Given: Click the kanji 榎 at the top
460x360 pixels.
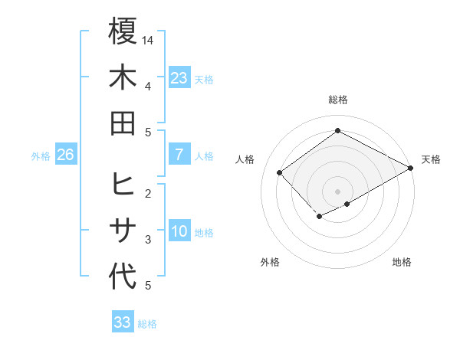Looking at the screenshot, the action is coord(123,31).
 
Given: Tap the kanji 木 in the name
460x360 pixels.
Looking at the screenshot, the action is coord(123,77).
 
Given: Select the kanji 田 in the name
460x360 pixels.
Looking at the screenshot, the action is coord(123,123).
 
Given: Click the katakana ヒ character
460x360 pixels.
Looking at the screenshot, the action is coord(123,185).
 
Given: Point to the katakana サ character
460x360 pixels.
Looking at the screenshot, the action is coord(123,231).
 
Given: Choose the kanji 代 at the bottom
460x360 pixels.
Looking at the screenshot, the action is coord(123,277).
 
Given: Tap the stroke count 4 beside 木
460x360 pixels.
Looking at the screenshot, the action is coord(147,86).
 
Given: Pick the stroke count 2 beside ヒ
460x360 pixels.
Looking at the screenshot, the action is coord(147,193).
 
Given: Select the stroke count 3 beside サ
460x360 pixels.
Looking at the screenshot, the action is coord(147,240).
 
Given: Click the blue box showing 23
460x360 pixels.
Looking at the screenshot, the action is coord(179,77).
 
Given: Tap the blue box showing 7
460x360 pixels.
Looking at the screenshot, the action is coord(179,155).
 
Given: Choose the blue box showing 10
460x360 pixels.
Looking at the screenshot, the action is coord(179,231).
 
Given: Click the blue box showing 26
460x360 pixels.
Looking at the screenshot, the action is coord(66,155).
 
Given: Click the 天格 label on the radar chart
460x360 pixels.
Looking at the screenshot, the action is coord(431,159).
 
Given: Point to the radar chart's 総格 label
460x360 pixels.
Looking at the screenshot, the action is coord(337,100).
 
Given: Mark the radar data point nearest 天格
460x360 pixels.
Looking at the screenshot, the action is coord(411,168).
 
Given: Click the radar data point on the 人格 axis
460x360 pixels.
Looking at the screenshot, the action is coord(280,172).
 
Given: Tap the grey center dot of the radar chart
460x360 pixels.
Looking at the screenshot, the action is coord(337,190).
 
